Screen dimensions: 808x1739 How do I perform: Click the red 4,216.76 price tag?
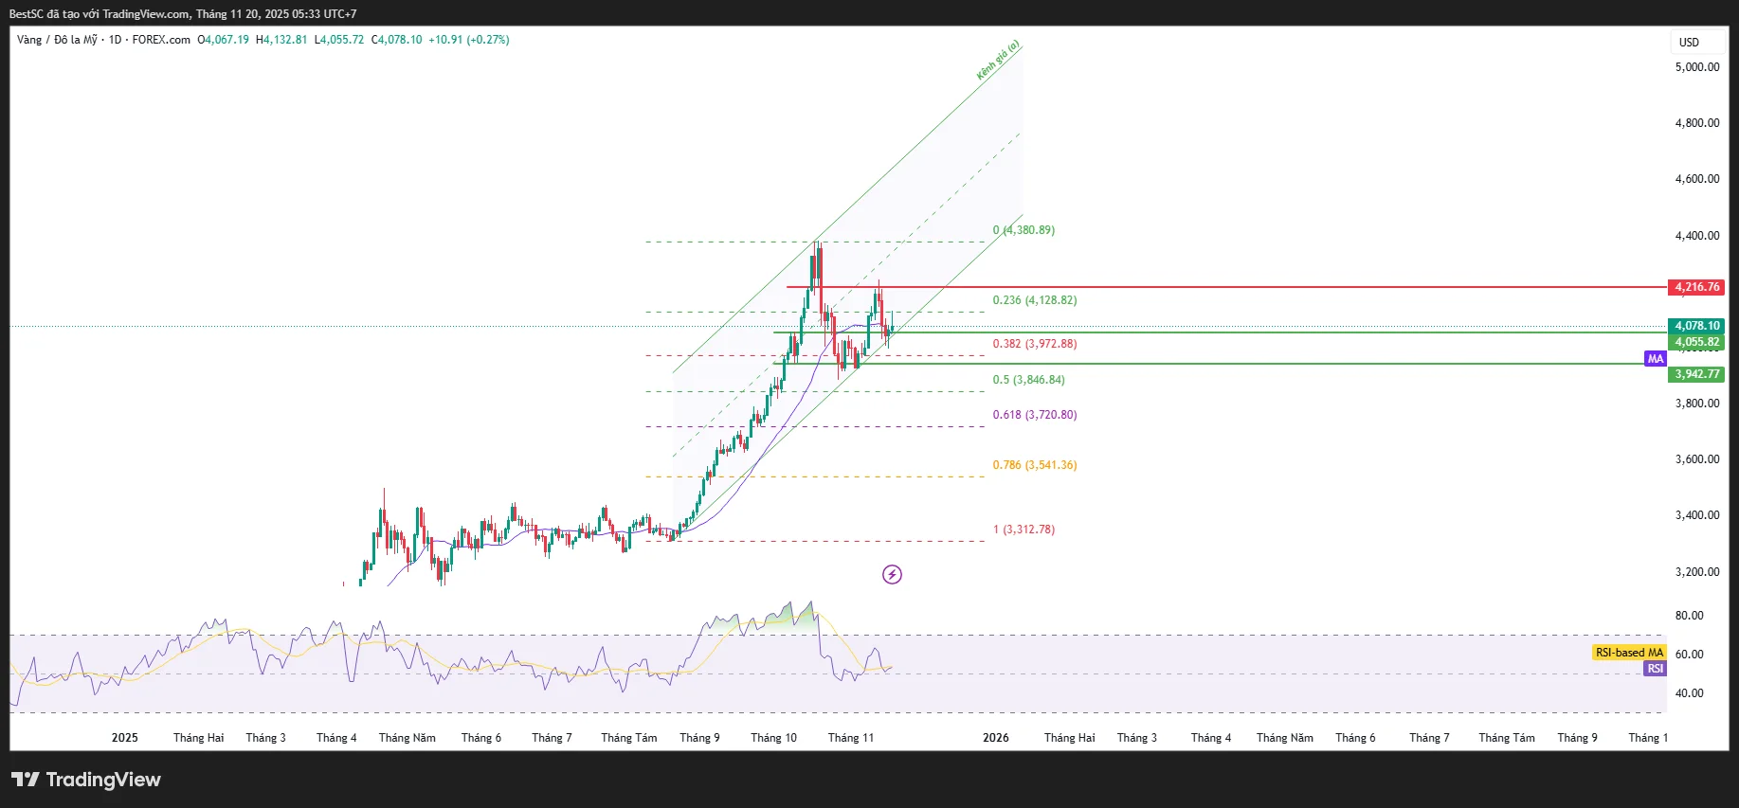pyautogui.click(x=1695, y=287)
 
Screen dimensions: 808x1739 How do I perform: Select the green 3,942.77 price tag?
pyautogui.click(x=1695, y=374)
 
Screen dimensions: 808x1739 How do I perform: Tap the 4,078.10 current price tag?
pyautogui.click(x=1695, y=326)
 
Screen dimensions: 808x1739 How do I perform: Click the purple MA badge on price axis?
pyautogui.click(x=1655, y=359)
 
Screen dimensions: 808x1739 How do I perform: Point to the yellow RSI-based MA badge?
pyautogui.click(x=1628, y=653)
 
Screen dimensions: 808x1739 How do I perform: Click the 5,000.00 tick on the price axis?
pyautogui.click(x=1696, y=67)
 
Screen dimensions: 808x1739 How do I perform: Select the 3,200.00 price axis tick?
pyautogui.click(x=1696, y=572)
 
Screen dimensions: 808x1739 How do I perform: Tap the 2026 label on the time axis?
pyautogui.click(x=995, y=738)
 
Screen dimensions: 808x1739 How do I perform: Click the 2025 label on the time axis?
pyautogui.click(x=124, y=738)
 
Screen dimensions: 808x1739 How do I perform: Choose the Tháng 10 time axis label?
pyautogui.click(x=773, y=738)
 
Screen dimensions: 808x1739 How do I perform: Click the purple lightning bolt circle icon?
pyautogui.click(x=892, y=574)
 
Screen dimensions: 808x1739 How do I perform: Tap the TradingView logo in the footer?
pyautogui.click(x=86, y=780)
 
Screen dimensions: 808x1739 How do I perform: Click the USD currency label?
pyautogui.click(x=1689, y=43)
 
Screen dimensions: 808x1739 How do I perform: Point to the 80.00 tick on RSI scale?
pyautogui.click(x=1689, y=616)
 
